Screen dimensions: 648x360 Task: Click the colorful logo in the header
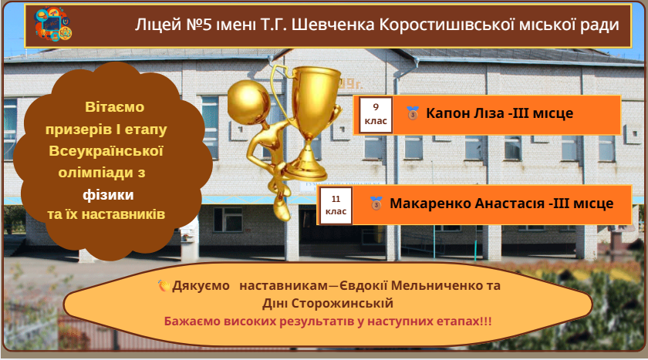pyautogui.click(x=52, y=23)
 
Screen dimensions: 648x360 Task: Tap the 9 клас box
pyautogui.click(x=376, y=115)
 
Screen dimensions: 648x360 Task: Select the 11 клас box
pyautogui.click(x=336, y=205)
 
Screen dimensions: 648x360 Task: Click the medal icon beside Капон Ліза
pyautogui.click(x=413, y=113)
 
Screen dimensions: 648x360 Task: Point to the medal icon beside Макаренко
pyautogui.click(x=376, y=203)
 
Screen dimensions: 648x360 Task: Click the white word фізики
pyautogui.click(x=108, y=194)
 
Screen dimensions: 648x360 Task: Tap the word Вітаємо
pyautogui.click(x=114, y=107)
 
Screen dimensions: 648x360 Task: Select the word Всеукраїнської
pyautogui.click(x=106, y=150)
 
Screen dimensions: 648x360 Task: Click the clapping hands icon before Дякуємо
pyautogui.click(x=164, y=285)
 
